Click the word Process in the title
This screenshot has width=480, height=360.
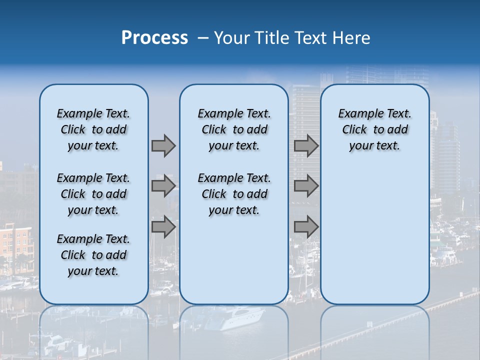[154, 38]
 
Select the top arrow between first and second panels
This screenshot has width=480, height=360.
[163, 145]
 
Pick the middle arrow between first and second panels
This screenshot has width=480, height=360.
[163, 186]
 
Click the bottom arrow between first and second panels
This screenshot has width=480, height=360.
[163, 227]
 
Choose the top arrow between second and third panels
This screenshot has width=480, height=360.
[306, 145]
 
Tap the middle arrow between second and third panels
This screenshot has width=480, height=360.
[306, 186]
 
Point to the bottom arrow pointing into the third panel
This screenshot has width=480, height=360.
[306, 227]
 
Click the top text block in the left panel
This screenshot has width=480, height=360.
[93, 129]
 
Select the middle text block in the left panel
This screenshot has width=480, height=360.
[93, 194]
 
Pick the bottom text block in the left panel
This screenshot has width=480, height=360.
[93, 255]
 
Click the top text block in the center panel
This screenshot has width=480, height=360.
[234, 129]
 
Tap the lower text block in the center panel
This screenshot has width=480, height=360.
[234, 194]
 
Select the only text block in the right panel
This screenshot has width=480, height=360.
[374, 129]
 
